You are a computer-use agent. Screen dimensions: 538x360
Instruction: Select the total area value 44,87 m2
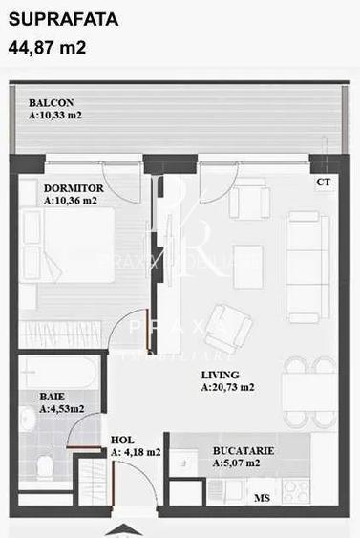48,46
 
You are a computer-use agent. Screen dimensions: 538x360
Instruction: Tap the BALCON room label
52,103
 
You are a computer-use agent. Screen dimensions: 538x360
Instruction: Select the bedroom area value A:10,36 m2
72,201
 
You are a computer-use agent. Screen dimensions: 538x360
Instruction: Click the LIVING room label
221,375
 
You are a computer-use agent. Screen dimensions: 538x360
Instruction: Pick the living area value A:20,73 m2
227,388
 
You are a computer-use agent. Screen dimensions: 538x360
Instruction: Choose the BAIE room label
52,395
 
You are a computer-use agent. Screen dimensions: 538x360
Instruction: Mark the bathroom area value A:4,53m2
61,408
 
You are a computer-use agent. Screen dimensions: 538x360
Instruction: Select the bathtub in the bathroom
57,372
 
